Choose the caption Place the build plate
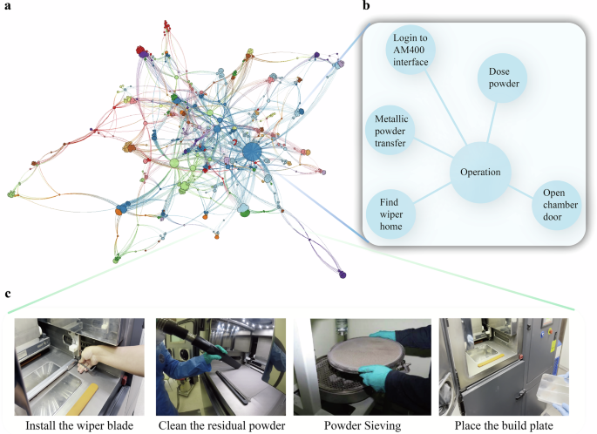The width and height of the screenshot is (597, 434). click(x=507, y=424)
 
